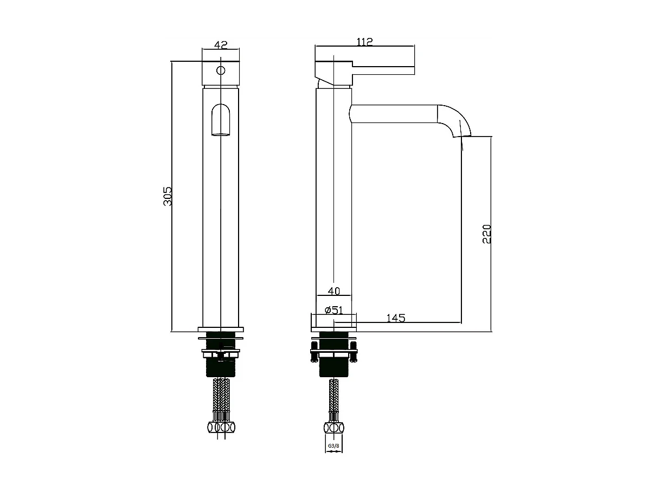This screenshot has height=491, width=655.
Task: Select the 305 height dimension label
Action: [168, 196]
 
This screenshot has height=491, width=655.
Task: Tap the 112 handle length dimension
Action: [364, 42]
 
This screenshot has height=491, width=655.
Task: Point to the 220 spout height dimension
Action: [486, 234]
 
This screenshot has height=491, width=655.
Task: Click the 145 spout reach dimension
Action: [396, 318]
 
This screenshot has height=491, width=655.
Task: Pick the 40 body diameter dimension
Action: [333, 291]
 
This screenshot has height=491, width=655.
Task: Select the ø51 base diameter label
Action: [332, 310]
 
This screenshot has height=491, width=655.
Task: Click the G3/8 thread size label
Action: [333, 447]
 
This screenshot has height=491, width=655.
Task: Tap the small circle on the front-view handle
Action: [220, 70]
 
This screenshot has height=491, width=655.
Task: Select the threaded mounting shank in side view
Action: [334, 365]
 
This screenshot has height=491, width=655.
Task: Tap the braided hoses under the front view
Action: [221, 397]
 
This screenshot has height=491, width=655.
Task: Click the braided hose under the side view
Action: [334, 397]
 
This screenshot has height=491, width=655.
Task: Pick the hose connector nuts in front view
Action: [221, 427]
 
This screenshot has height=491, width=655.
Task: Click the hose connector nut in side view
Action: [334, 427]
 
